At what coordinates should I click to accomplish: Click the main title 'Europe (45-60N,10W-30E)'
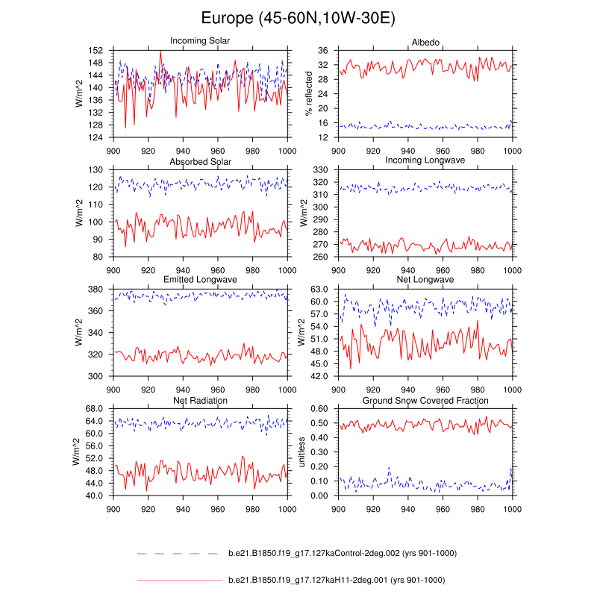298,19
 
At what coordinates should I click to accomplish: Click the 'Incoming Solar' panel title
200,40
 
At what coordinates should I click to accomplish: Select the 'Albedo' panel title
425,40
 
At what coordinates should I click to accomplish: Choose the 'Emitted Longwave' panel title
200,280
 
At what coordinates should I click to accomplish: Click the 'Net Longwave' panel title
425,280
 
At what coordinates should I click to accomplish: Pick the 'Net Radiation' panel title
200,400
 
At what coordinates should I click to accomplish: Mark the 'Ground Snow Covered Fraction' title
425,400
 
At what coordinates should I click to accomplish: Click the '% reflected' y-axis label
309,93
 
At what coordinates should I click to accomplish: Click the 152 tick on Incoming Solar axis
96,50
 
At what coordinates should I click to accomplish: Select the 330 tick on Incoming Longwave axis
322,170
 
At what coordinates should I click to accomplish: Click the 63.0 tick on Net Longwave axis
319,290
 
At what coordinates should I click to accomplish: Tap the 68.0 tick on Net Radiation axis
93,409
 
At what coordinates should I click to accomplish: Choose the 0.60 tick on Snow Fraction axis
319,409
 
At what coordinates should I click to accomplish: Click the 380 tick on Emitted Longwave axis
96,290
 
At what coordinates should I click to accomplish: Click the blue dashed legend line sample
179,554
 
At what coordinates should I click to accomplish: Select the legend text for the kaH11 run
337,580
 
